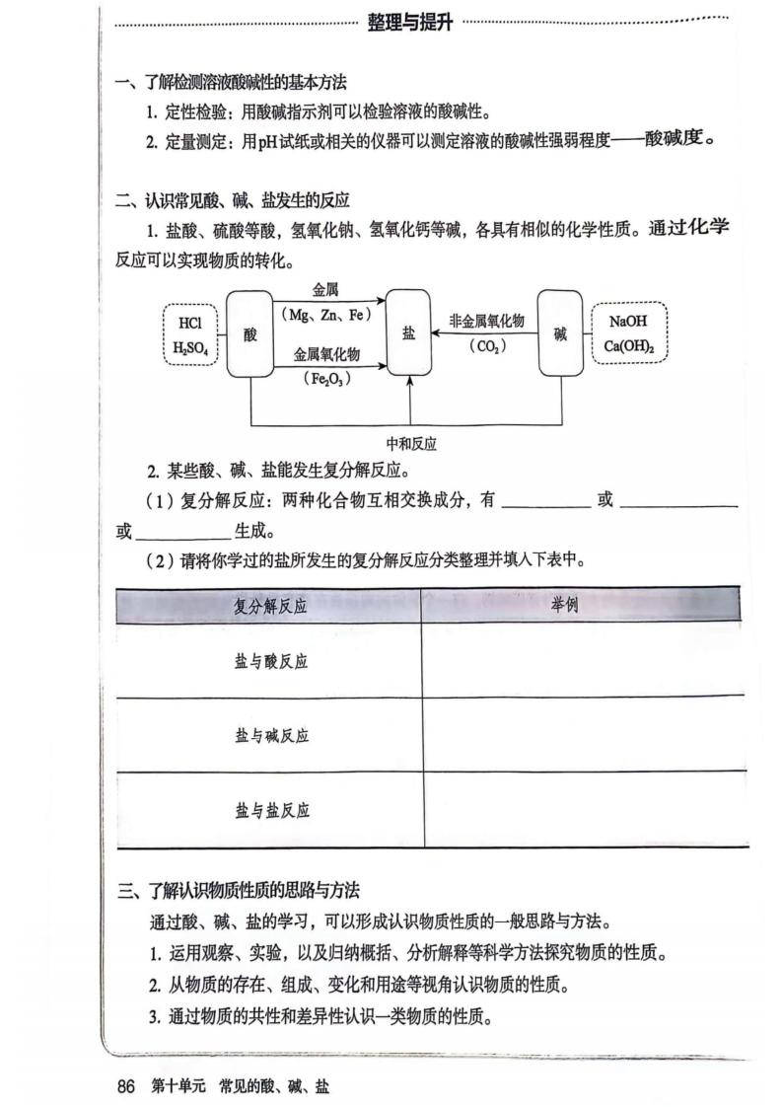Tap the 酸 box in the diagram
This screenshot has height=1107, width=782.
tap(249, 333)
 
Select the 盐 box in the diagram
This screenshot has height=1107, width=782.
tap(408, 332)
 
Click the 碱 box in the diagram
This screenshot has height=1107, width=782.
tap(560, 332)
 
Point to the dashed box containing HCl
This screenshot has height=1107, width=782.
tap(190, 334)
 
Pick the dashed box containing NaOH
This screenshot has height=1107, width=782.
tap(628, 333)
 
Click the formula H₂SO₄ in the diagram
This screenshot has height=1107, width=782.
tap(190, 347)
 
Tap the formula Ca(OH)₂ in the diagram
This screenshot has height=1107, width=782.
tap(628, 347)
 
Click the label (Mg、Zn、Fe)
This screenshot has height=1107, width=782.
tap(324, 315)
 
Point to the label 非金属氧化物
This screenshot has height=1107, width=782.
tap(486, 322)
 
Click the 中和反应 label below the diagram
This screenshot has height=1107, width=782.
tap(411, 444)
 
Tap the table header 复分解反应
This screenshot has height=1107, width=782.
tap(270, 606)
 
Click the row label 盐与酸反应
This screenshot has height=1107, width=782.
tap(270, 661)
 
